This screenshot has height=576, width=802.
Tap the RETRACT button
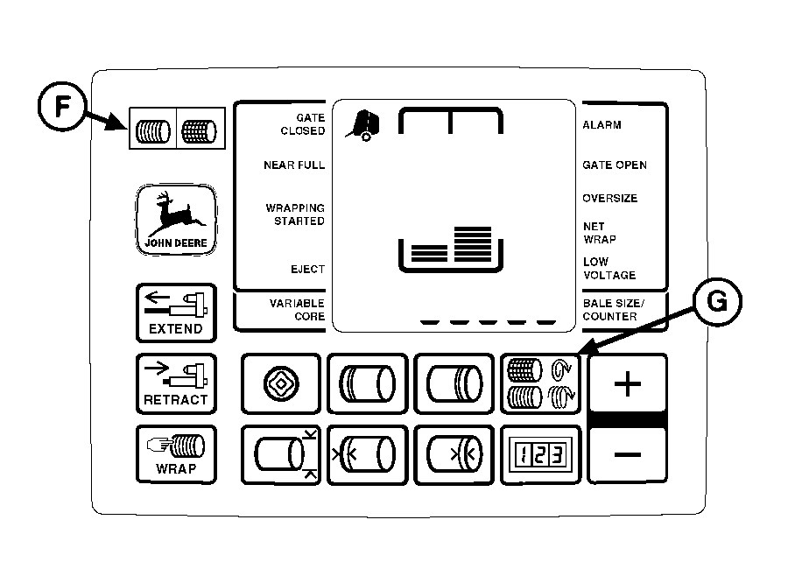pyautogui.click(x=176, y=383)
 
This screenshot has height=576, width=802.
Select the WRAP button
pyautogui.click(x=176, y=453)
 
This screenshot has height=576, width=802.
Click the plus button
pyautogui.click(x=628, y=383)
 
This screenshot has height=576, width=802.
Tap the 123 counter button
pyautogui.click(x=538, y=454)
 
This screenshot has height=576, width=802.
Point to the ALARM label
pyautogui.click(x=601, y=125)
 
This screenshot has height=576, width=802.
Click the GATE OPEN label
pyautogui.click(x=615, y=165)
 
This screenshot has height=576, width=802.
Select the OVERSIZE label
pyautogui.click(x=610, y=198)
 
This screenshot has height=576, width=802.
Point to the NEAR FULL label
pyautogui.click(x=294, y=165)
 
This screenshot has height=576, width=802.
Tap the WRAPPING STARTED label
pyautogui.click(x=295, y=214)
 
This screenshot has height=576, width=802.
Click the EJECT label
pyautogui.click(x=307, y=269)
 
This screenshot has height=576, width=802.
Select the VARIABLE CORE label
pyautogui.click(x=297, y=309)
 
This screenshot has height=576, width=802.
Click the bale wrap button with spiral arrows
pyautogui.click(x=538, y=383)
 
